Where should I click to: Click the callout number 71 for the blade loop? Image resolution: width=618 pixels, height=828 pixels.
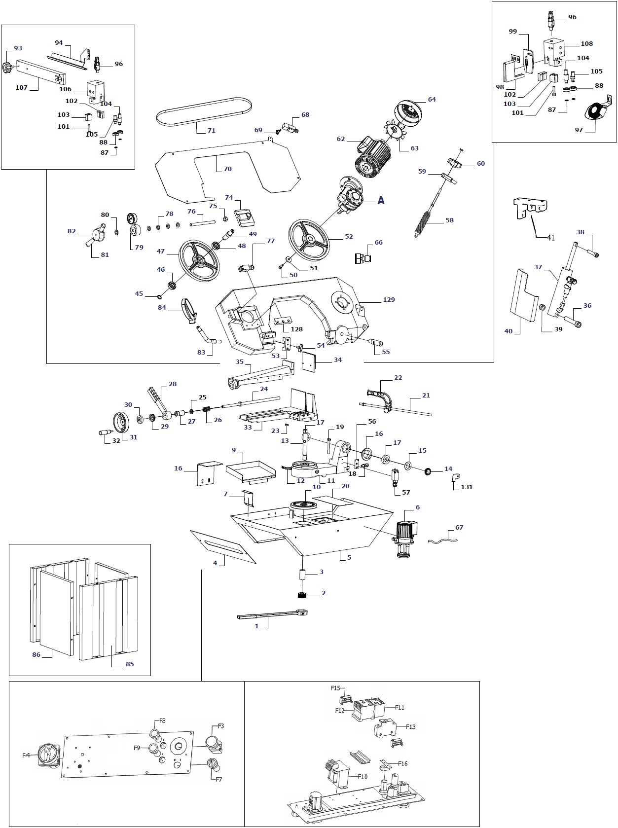[211, 131]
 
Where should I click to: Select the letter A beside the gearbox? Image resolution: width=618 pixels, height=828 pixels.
[381, 200]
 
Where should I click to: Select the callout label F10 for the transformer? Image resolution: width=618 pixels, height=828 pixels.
[363, 776]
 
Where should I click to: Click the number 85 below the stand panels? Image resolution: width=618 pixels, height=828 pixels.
[130, 664]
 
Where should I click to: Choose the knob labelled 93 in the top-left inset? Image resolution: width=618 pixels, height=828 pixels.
[9, 67]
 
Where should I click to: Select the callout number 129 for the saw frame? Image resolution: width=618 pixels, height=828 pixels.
[389, 299]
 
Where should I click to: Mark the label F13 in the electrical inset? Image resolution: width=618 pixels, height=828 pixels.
[411, 726]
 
